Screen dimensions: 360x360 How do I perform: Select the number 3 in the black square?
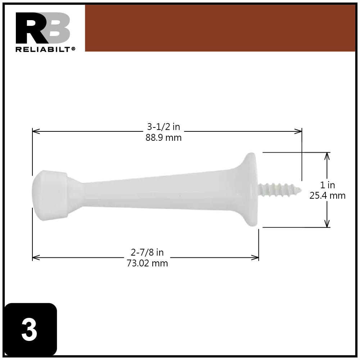pos(30,330)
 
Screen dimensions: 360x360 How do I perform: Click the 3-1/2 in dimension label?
pos(163,127)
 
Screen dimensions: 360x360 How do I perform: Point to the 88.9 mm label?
pos(163,138)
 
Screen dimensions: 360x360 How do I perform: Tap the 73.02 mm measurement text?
pos(147,263)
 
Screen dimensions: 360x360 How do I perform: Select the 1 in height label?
pos(327,185)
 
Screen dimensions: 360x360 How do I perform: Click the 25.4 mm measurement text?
pos(327,195)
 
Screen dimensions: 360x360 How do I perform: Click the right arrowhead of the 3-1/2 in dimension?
pos(298,131)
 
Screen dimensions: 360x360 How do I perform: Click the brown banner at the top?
pos(220,28)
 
